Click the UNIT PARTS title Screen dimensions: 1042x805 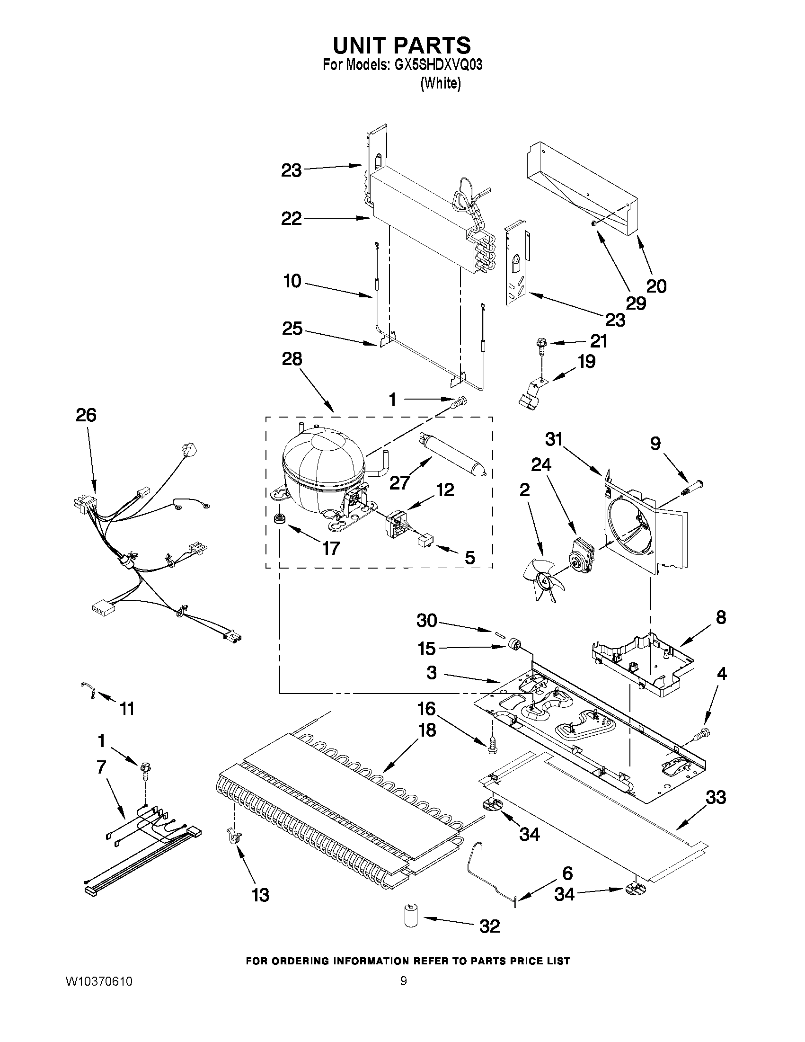[402, 45]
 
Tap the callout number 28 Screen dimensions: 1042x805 [292, 359]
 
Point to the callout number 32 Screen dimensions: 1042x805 [489, 926]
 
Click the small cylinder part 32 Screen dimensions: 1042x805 [410, 917]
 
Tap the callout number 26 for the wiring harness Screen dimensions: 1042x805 [86, 415]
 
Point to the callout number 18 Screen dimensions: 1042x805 [427, 730]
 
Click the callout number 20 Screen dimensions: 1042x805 [656, 286]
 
